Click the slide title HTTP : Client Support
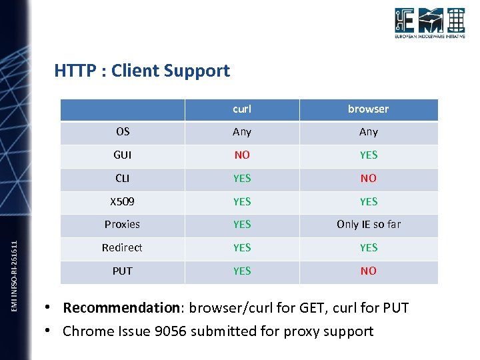click(x=142, y=71)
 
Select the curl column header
click(x=242, y=109)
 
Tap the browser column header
click(x=368, y=109)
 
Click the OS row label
click(x=123, y=131)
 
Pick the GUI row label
click(x=123, y=155)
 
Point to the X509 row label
click(x=123, y=201)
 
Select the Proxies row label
click(x=123, y=224)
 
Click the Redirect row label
click(x=123, y=247)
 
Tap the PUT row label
click(x=123, y=271)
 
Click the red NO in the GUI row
click(x=242, y=155)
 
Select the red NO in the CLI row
click(x=368, y=178)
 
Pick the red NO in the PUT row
click(x=368, y=271)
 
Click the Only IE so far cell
click(x=369, y=224)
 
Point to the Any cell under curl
click(x=242, y=132)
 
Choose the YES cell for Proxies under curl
click(x=242, y=224)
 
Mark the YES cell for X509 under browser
click(x=368, y=201)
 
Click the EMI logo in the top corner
click(x=429, y=24)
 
